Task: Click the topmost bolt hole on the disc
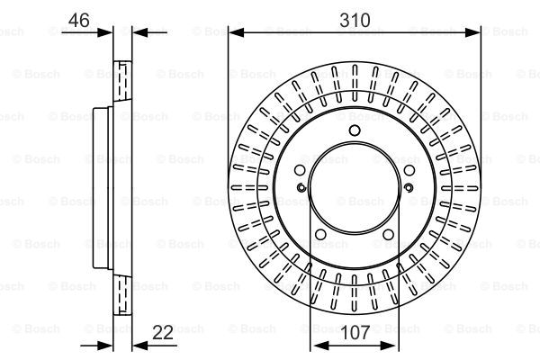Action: [354, 132]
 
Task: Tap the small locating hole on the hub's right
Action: [408, 187]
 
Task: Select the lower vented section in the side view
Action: [123, 297]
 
